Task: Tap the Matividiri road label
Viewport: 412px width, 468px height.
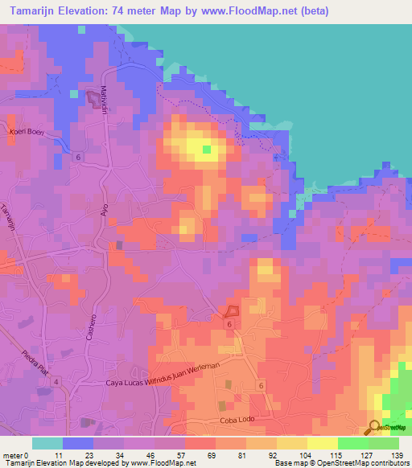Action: click(104, 100)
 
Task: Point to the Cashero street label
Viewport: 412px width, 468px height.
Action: click(92, 325)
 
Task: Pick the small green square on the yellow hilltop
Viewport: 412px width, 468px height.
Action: click(206, 149)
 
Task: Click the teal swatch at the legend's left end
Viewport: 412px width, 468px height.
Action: click(47, 443)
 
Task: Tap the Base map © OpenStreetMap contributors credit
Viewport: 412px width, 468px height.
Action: click(340, 463)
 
